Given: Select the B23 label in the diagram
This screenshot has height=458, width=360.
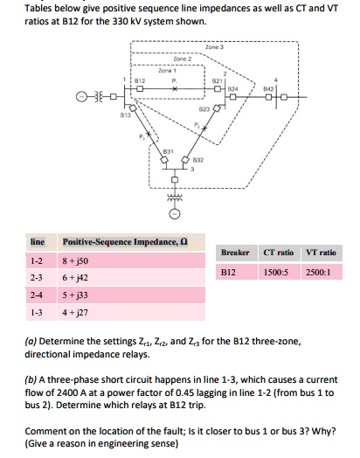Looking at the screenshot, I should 204,109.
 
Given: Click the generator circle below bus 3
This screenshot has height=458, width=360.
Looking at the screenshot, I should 174,213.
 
